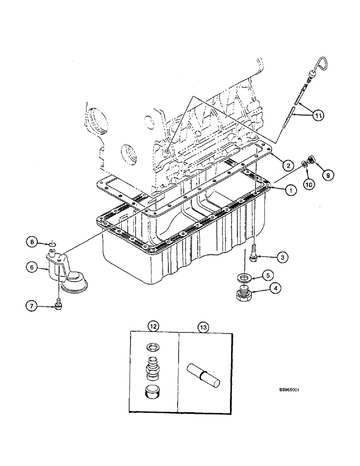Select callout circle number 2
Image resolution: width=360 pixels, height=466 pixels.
click(289, 165)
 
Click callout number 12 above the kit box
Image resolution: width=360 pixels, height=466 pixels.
click(154, 327)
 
